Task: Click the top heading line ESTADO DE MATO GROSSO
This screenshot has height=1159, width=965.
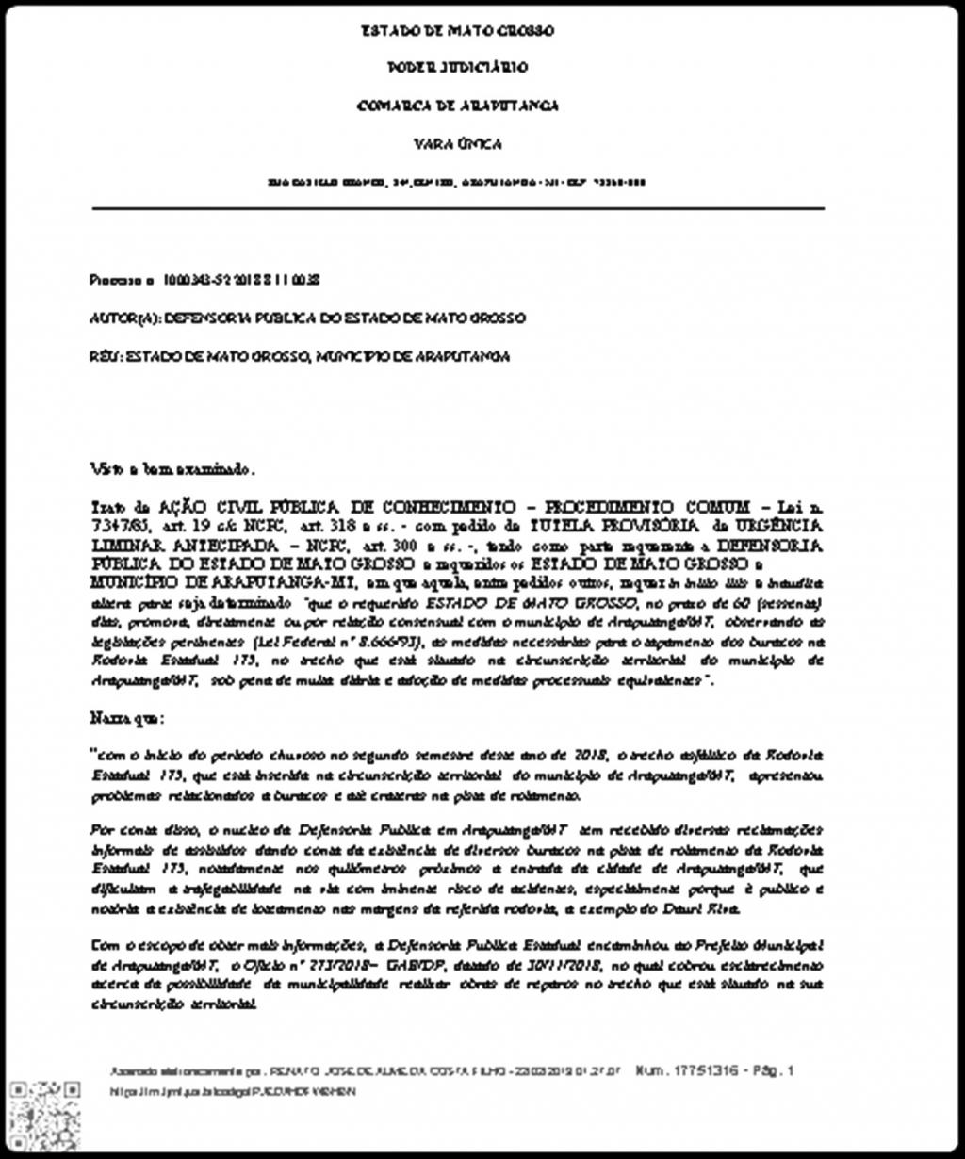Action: tap(458, 30)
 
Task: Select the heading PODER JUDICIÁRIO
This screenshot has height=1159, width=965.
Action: tap(458, 68)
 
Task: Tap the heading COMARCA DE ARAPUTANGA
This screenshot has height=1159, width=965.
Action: tap(458, 106)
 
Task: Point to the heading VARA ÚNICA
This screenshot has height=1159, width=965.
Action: tap(458, 144)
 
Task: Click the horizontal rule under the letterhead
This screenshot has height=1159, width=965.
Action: tap(458, 207)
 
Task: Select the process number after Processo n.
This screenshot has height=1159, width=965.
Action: tap(242, 280)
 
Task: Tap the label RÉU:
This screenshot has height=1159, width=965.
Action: tap(105, 356)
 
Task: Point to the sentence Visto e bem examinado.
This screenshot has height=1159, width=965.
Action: tap(172, 468)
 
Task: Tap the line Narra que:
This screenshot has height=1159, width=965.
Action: tap(127, 718)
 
